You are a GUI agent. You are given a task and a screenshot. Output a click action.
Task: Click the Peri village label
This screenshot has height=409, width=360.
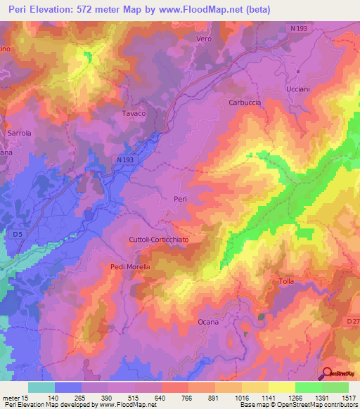click(x=180, y=200)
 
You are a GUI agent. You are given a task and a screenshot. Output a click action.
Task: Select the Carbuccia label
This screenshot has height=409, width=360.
click(x=245, y=102)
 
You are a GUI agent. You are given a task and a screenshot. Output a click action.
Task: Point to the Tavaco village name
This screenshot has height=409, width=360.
click(x=134, y=113)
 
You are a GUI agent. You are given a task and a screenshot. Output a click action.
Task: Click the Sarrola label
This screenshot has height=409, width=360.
click(x=19, y=132)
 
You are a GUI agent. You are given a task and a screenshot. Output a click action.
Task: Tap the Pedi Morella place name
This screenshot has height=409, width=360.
click(x=131, y=266)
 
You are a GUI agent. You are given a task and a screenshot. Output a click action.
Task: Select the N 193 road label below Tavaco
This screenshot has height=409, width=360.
click(x=124, y=160)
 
